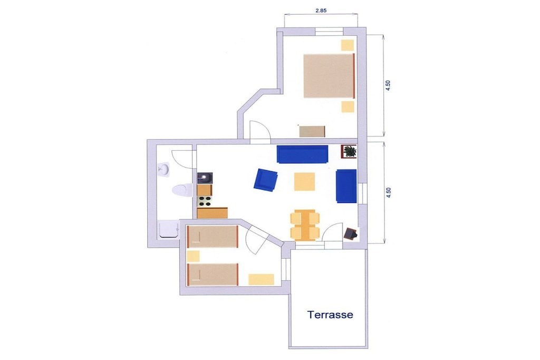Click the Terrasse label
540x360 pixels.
[x=330, y=315]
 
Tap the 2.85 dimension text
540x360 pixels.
[x=321, y=11]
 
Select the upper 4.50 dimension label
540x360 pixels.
[x=388, y=85]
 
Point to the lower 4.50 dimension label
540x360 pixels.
[x=388, y=192]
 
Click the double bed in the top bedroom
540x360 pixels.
[x=329, y=76]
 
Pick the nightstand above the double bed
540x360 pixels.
[x=348, y=45]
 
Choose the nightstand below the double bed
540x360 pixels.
[x=348, y=106]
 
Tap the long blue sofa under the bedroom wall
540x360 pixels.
[x=302, y=154]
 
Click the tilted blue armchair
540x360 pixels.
[x=265, y=180]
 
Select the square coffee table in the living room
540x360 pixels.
[x=304, y=181]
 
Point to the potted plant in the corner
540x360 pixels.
[x=349, y=151]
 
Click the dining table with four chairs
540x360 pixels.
[x=305, y=225]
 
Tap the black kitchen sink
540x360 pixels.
[x=205, y=178]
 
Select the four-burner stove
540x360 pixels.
[x=204, y=201]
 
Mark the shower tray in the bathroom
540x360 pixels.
[x=169, y=230]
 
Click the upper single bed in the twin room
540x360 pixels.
[x=213, y=237]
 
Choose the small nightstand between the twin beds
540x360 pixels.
[x=193, y=256]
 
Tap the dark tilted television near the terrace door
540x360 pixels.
[x=351, y=233]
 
